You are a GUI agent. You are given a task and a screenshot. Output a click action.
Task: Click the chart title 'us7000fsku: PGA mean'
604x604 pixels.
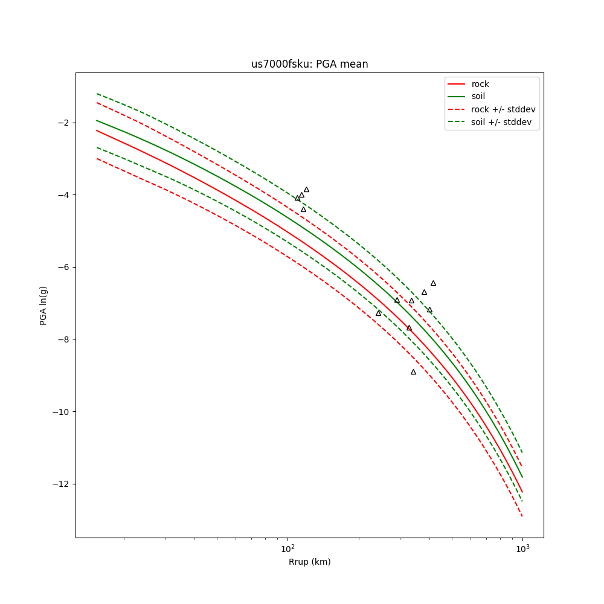coord(309,64)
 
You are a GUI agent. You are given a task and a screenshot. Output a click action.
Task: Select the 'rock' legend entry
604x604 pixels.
coord(480,84)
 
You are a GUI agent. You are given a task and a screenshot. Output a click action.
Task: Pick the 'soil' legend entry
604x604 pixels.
coord(478,96)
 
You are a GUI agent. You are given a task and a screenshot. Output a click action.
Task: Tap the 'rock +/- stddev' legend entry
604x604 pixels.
coord(503,109)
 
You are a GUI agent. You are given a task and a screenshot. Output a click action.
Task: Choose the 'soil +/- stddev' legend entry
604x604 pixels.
coord(503,122)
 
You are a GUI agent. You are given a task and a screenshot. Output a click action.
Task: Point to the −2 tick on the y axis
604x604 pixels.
coord(62,123)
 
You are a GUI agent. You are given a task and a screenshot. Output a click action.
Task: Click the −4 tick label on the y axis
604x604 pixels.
coord(62,195)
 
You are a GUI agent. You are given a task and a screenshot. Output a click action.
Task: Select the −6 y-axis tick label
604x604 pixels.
coord(62,267)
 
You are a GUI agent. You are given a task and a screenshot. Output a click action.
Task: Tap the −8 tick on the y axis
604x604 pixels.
coord(62,339)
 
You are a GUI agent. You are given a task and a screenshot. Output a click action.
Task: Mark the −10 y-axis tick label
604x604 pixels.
coord(60,412)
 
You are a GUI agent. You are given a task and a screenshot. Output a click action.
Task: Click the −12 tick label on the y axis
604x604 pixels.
coord(60,484)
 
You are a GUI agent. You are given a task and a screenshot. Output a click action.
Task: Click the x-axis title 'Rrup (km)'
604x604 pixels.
coord(309,562)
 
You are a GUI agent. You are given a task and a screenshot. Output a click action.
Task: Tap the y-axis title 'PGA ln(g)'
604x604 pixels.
coord(43,305)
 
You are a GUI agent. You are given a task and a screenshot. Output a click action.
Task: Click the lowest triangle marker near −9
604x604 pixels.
coord(413,372)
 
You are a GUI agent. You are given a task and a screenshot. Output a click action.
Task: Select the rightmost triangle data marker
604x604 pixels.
coord(433,283)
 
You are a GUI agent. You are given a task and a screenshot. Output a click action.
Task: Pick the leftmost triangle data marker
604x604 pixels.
coord(297,198)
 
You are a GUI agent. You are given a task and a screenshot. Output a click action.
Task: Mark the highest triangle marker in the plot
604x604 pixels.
coord(306,190)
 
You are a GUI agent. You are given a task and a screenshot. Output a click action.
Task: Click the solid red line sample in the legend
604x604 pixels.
coord(457,84)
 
